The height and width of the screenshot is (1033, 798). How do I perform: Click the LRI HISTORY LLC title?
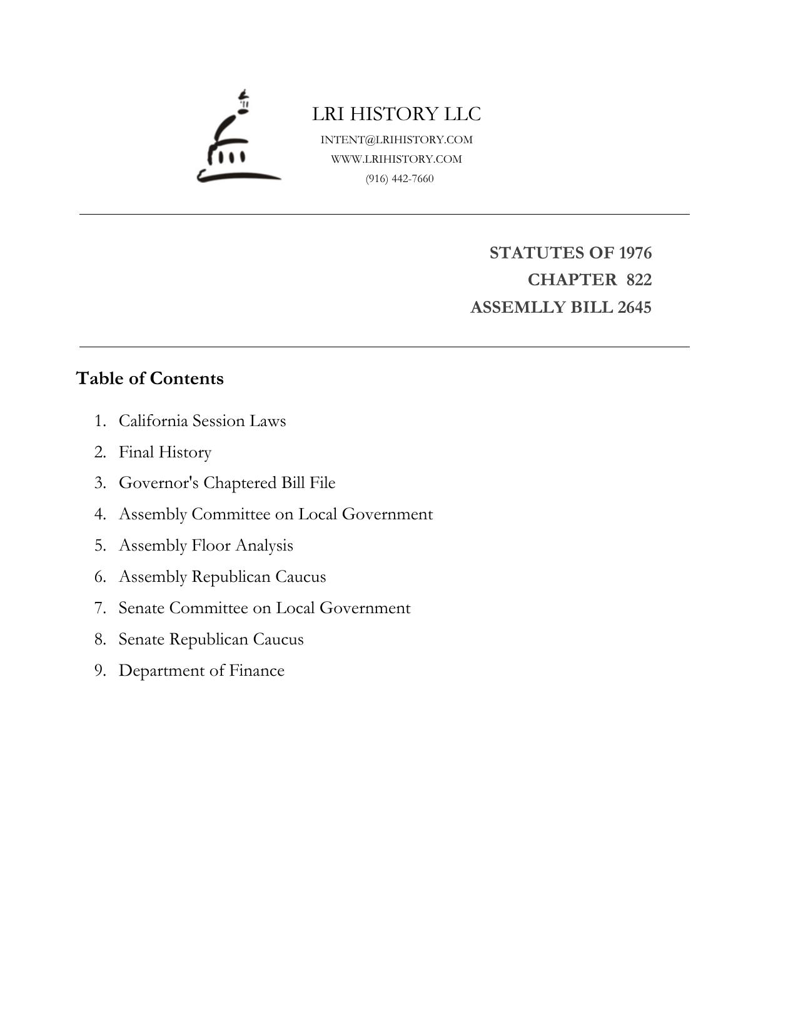point(396,114)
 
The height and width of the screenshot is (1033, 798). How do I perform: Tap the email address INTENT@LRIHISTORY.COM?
point(396,140)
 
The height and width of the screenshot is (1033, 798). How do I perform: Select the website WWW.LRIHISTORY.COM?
point(396,159)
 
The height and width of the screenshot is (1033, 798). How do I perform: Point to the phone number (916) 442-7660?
point(400,179)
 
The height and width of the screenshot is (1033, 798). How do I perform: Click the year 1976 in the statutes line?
point(635,253)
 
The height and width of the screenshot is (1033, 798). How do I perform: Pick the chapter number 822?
point(639,280)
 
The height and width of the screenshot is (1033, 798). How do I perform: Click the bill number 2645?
point(634,307)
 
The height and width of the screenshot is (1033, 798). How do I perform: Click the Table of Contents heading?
point(149,379)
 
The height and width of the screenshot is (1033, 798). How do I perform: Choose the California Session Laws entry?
point(202,420)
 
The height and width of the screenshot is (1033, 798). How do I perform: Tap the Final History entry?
point(165,452)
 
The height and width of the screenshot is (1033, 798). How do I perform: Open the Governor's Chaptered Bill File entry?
point(227,483)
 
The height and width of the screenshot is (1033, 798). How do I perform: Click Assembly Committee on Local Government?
point(276,514)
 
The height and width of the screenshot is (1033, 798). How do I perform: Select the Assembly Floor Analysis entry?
point(206,546)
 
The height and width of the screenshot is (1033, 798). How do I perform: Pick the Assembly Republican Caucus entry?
point(222,577)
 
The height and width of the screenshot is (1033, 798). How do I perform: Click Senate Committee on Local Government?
point(265,608)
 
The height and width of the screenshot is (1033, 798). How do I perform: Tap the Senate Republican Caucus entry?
point(211,639)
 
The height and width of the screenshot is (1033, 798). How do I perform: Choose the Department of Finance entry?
point(201,671)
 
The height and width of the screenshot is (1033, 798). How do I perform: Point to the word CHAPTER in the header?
point(572,280)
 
